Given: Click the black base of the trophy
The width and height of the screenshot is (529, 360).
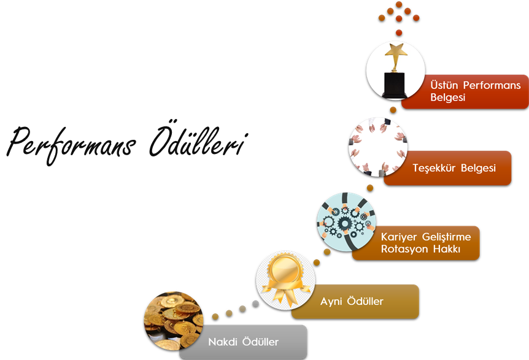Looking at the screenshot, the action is (395, 84).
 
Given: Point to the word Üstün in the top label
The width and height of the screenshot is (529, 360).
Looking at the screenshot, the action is (444, 85).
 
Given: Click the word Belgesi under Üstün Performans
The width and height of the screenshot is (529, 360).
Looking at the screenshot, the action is (448, 98).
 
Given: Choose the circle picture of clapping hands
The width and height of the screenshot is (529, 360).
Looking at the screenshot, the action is (378, 147).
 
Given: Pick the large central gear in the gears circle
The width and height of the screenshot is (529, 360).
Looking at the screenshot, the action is (344, 223).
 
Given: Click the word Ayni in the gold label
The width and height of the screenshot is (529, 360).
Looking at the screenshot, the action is (331, 301).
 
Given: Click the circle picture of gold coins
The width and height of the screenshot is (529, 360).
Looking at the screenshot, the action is (174, 321).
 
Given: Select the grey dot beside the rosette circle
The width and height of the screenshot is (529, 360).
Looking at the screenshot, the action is (255, 304).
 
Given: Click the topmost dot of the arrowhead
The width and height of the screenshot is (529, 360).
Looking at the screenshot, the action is (399, 4).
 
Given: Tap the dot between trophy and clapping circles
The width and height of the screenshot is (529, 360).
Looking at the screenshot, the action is (393, 110).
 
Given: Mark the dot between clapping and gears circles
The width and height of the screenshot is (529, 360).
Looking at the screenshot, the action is (370, 188).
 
